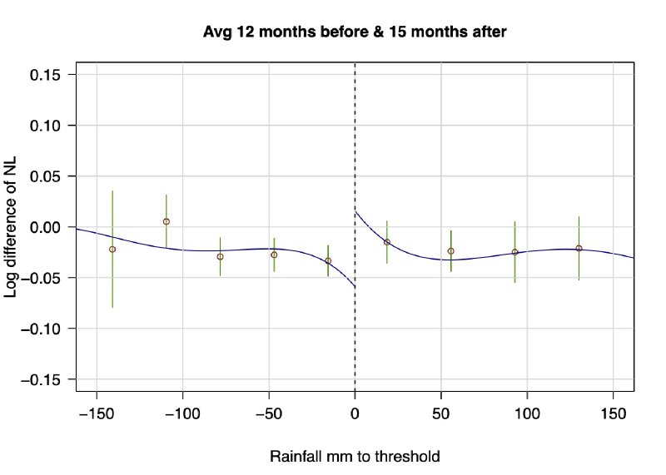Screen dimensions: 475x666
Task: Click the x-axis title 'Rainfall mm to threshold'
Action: pyautogui.click(x=355, y=457)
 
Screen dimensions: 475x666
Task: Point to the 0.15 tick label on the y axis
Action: pyautogui.click(x=49, y=75)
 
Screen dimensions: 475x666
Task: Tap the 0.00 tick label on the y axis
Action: pyautogui.click(x=49, y=227)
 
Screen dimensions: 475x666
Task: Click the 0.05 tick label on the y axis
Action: pyautogui.click(x=49, y=176)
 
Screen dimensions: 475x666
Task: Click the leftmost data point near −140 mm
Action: pyautogui.click(x=112, y=249)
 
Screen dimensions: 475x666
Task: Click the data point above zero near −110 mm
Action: pyautogui.click(x=166, y=221)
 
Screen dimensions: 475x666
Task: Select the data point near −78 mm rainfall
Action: pyautogui.click(x=221, y=256)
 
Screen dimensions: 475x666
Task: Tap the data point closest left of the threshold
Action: pyautogui.click(x=328, y=260)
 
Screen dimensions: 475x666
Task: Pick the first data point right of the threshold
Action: pyautogui.click(x=387, y=241)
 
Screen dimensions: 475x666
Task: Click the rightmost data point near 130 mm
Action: pyautogui.click(x=579, y=248)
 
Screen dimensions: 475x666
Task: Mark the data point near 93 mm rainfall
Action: pyautogui.click(x=515, y=251)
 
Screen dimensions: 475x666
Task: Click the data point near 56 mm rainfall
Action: pyautogui.click(x=451, y=250)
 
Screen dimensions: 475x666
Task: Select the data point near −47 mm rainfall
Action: pyautogui.click(x=274, y=255)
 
